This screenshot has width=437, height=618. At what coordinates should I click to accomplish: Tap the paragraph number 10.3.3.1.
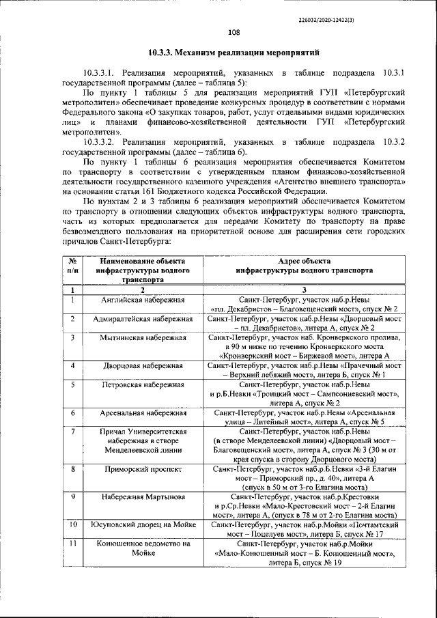(x=102, y=71)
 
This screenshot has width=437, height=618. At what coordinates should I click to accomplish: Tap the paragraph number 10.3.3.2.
(x=102, y=141)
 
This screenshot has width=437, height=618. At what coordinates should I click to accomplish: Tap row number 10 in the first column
(x=72, y=525)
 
